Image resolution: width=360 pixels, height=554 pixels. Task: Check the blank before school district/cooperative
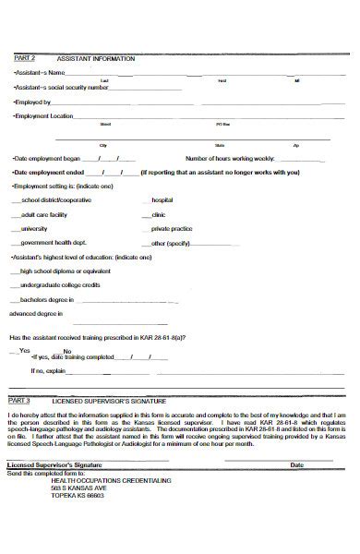coord(15,199)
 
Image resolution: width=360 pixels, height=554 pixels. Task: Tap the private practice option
coord(172,227)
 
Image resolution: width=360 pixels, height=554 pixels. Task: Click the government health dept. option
coord(53,242)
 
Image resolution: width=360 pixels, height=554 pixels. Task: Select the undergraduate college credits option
coord(66,285)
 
